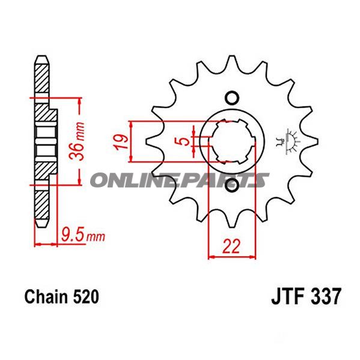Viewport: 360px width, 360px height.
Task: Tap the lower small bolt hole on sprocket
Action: (x=231, y=186)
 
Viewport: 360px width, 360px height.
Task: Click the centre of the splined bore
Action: (x=232, y=142)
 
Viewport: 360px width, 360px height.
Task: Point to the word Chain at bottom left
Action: (x=45, y=297)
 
